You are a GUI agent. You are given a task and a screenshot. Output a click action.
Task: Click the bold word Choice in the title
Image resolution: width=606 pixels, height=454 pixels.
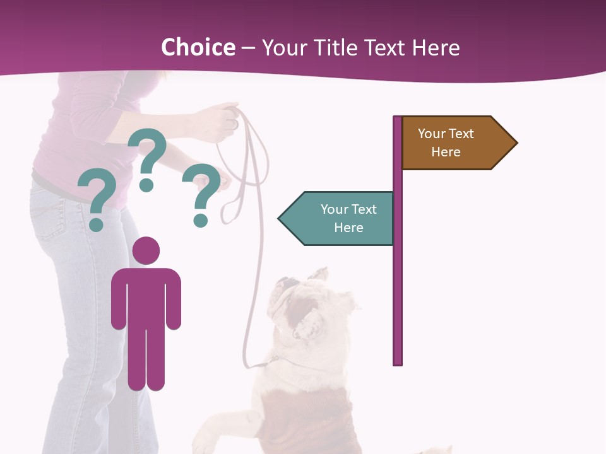click(x=198, y=47)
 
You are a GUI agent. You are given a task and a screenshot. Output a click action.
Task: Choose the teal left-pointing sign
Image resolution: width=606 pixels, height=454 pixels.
click(x=341, y=219)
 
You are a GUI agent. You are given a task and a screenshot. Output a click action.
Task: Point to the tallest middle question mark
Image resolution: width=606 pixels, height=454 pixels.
click(x=148, y=151)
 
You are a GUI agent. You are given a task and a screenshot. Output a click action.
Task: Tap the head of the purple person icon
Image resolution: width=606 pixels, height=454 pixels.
click(x=146, y=250)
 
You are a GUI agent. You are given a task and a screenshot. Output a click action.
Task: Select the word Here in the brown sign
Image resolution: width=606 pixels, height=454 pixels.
click(x=446, y=152)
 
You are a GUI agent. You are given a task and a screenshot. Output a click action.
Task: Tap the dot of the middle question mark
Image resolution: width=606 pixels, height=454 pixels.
click(x=146, y=185)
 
